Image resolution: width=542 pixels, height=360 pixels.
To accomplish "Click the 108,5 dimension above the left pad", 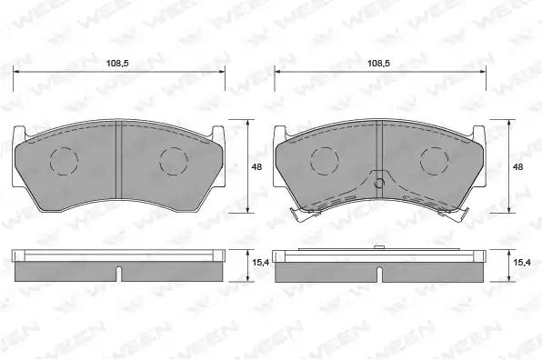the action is [117, 64].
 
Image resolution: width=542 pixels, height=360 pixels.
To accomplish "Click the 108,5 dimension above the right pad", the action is [379, 64].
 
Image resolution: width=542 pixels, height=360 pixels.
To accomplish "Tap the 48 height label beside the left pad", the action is [256, 167].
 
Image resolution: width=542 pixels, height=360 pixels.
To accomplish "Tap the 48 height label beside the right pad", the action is [517, 167].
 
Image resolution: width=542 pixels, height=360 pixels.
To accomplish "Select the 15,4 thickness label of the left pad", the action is [261, 263].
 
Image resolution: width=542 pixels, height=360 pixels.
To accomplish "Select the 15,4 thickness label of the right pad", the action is [522, 263].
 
